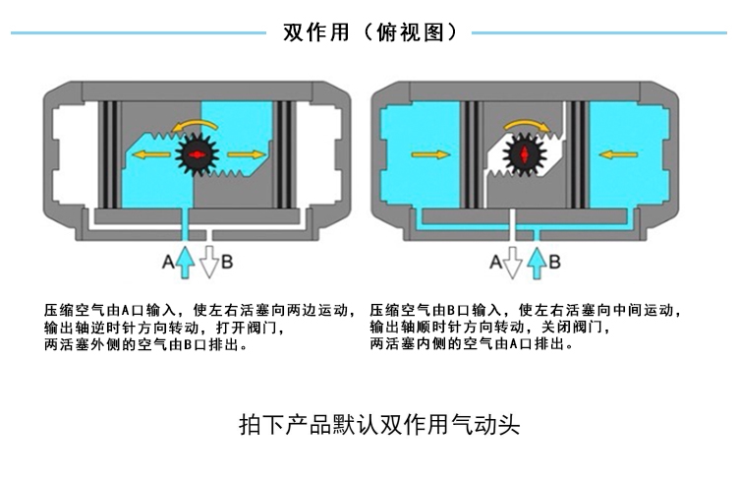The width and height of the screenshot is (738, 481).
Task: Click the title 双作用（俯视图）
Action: tap(369, 32)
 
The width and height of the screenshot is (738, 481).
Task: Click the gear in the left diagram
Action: tap(198, 155)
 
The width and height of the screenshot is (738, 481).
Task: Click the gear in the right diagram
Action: tap(522, 154)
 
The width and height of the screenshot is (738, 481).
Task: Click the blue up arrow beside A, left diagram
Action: tap(186, 260)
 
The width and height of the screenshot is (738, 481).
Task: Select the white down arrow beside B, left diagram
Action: tap(209, 263)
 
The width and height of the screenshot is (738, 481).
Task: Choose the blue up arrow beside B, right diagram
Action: tap(536, 260)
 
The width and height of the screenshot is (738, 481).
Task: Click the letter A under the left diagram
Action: tap(168, 262)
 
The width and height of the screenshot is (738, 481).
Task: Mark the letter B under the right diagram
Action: tap(554, 262)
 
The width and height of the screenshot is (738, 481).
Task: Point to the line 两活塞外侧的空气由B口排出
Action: tap(146, 345)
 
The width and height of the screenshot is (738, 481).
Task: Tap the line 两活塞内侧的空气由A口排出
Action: tap(473, 345)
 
